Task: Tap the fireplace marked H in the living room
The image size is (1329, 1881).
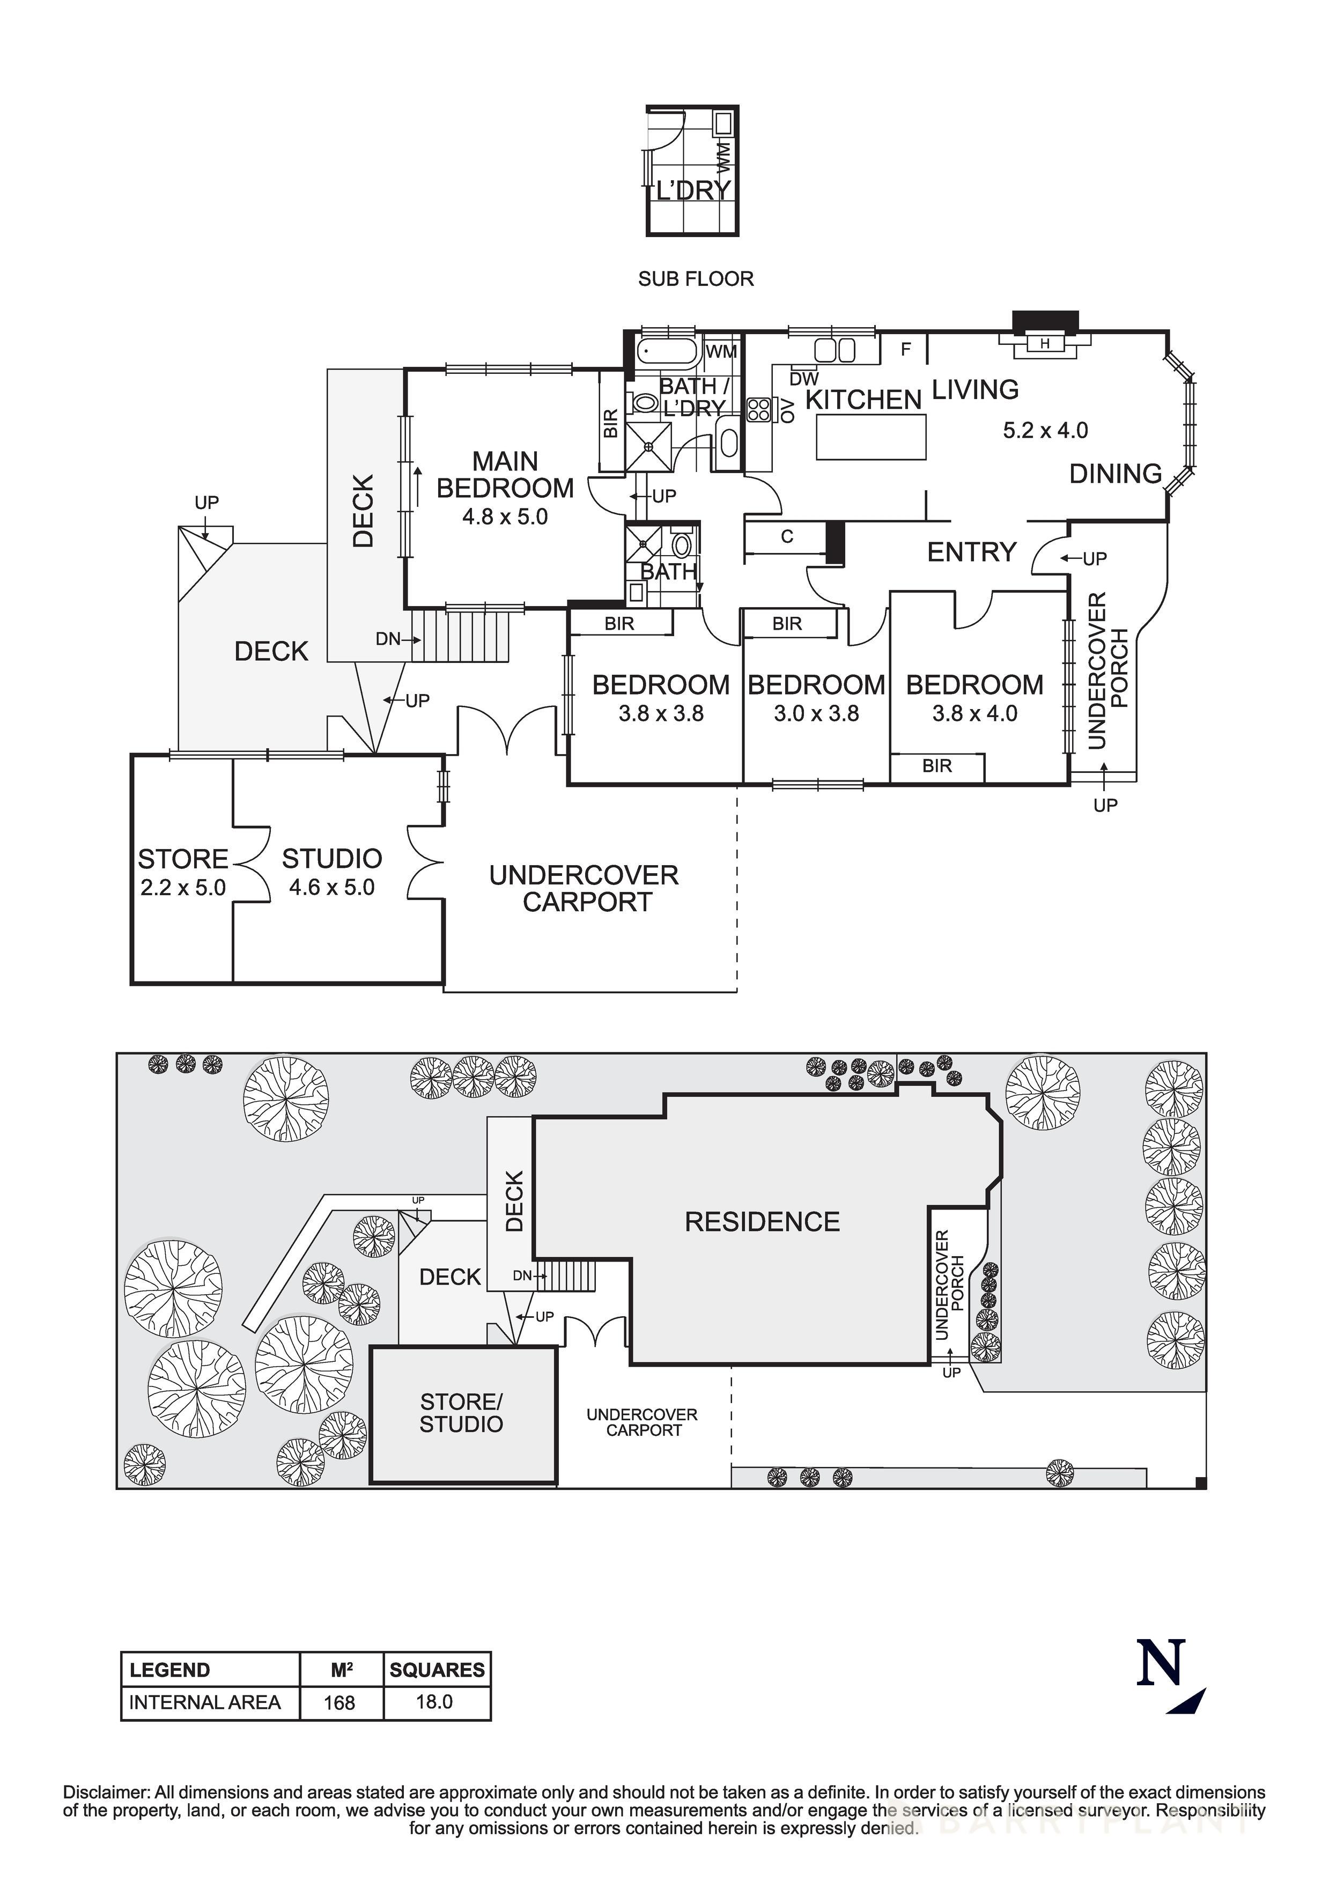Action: pos(1045,344)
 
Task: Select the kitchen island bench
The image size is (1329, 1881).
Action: pos(871,437)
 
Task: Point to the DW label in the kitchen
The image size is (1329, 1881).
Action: pos(804,379)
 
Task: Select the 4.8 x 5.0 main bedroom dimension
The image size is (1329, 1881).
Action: pos(505,517)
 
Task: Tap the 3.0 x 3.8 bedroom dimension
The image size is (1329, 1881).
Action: pos(816,713)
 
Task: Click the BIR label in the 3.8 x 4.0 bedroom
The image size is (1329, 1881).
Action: pos(936,766)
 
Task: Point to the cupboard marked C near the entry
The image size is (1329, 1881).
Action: pos(787,537)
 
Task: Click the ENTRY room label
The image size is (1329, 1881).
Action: pos(972,552)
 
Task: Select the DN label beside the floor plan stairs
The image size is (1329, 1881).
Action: pos(388,638)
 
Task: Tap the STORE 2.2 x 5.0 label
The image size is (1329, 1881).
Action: pos(183,873)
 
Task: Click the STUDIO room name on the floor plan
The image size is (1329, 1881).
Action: pos(332,859)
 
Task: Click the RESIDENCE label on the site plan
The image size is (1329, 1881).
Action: pos(762,1222)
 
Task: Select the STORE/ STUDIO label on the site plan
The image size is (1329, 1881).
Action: pos(461,1413)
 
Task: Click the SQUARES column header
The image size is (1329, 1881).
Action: pos(437,1670)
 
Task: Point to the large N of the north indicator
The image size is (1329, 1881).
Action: pos(1160,1662)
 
